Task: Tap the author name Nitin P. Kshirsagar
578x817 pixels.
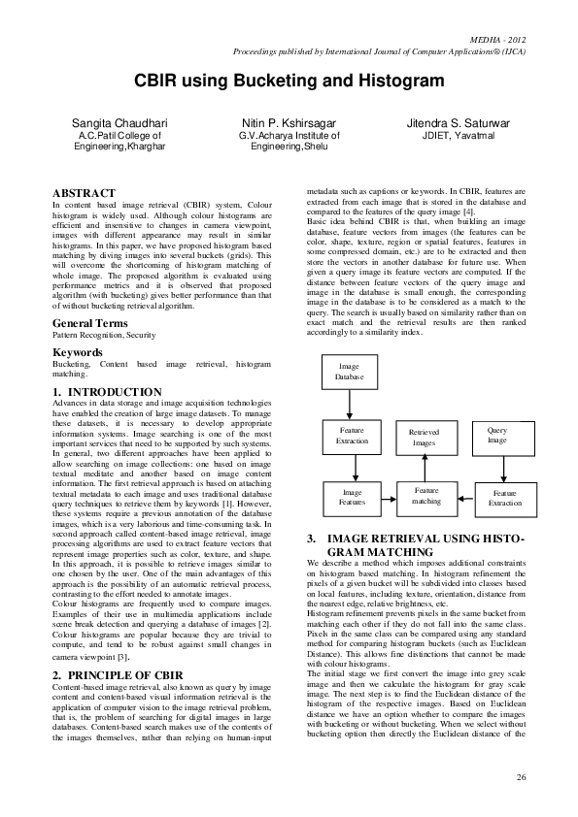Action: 289,124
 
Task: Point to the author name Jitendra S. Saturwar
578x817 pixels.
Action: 458,124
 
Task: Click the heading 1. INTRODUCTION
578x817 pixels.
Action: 107,391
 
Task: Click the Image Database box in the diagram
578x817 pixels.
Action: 349,371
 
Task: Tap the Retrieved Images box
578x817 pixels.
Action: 425,437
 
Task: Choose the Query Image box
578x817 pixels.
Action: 497,434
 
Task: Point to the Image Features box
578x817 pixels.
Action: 351,498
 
